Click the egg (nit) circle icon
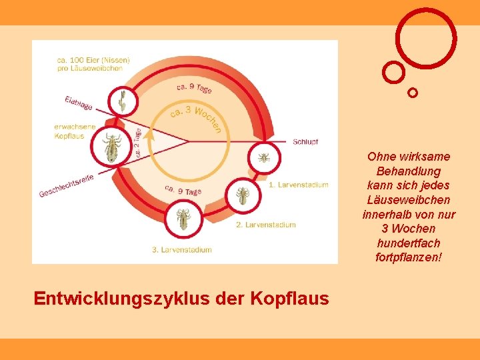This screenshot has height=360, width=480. [123, 102]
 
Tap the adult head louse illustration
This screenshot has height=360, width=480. [111, 147]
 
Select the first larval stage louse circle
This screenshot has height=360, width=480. [264, 158]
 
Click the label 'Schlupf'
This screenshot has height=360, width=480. [305, 141]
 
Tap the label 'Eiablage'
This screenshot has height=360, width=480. [79, 103]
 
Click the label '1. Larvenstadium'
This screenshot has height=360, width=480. [298, 185]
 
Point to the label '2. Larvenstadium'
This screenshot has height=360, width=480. [265, 225]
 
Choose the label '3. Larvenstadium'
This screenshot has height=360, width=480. [181, 250]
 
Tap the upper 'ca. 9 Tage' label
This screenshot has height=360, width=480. [194, 88]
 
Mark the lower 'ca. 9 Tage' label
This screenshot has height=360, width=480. [183, 191]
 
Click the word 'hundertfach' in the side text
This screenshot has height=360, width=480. [407, 243]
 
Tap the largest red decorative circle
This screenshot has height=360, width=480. [426, 37]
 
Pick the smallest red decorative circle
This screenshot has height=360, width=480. [413, 93]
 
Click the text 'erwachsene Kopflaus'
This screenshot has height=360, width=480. [75, 131]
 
